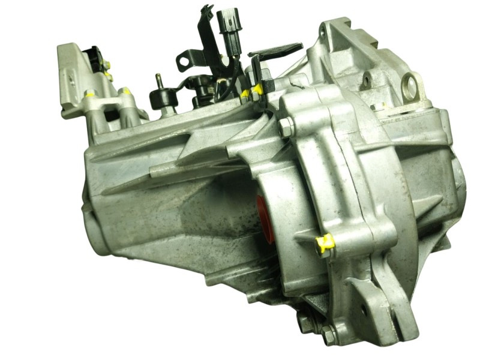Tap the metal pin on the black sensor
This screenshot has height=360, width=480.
click(x=160, y=80)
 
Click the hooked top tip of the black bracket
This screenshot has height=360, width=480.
click(x=207, y=10)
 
